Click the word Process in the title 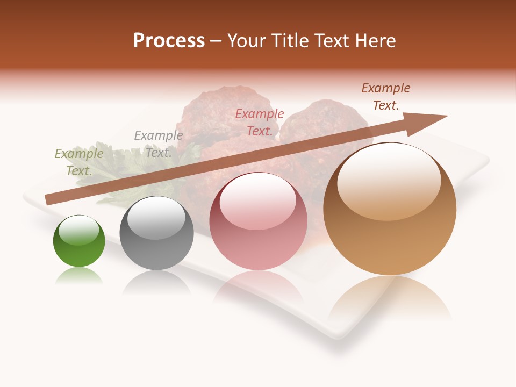point(169,41)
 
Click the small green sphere point(79,241)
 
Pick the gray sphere point(156,233)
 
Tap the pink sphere point(258,221)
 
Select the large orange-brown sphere point(390,209)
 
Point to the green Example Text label point(79,162)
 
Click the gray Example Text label point(158,144)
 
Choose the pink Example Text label point(260,122)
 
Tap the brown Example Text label point(385,97)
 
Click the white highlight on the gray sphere point(156,217)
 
